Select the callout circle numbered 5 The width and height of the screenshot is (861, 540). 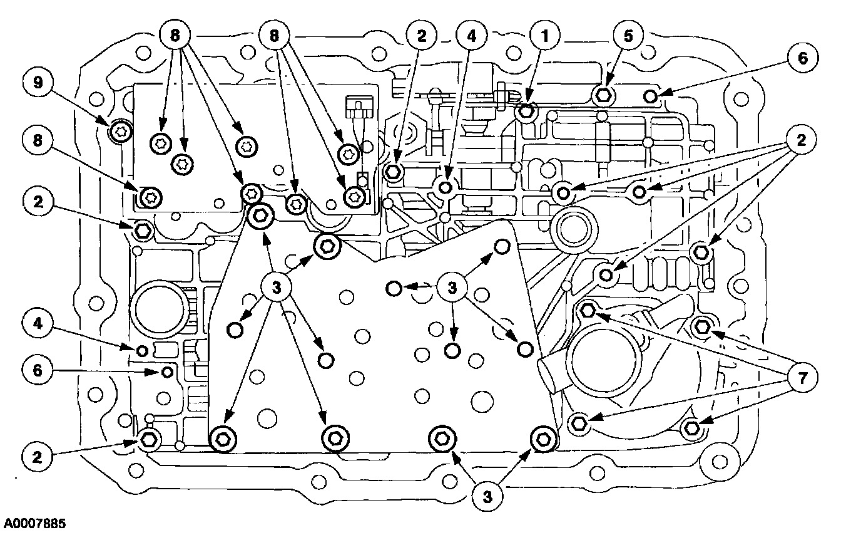click(x=627, y=36)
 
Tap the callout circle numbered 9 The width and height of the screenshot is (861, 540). click(x=38, y=84)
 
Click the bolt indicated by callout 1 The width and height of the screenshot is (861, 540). click(x=526, y=112)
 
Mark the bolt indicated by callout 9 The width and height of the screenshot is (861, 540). click(x=118, y=131)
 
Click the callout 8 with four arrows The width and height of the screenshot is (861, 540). click(x=175, y=36)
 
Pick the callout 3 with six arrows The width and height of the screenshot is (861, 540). click(x=276, y=288)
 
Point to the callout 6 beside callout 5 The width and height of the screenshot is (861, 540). click(x=803, y=59)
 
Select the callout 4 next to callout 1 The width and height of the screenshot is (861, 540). click(x=471, y=36)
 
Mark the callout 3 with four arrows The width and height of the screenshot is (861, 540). click(x=454, y=288)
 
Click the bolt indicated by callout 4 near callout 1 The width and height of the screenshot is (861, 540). click(x=446, y=187)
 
